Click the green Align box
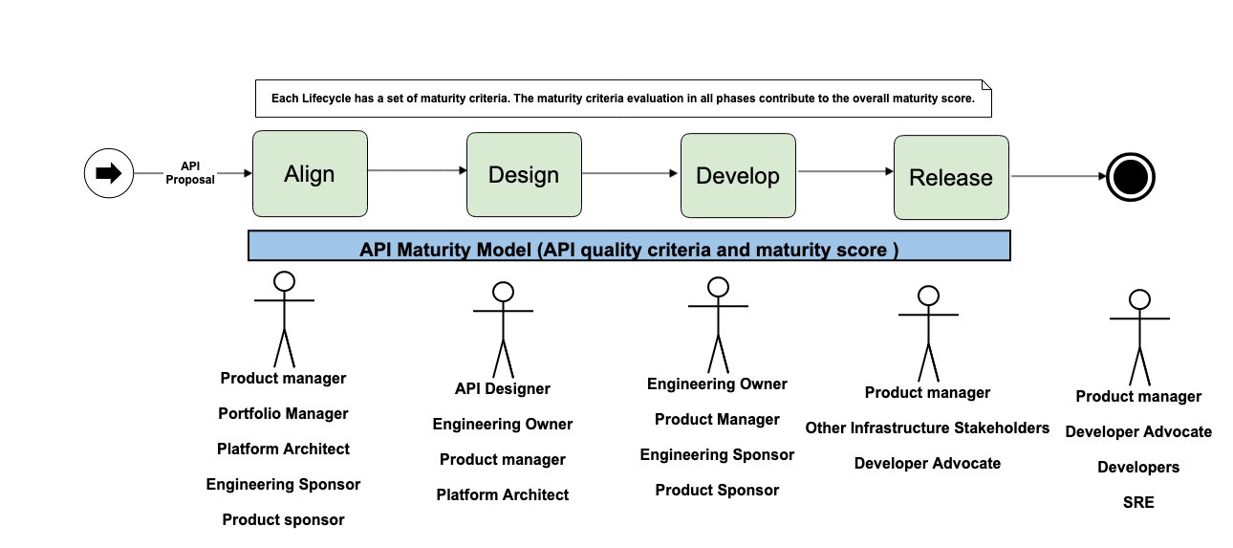[x=310, y=173]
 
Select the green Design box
[x=524, y=174]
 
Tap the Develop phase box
[x=737, y=175]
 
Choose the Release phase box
[x=950, y=177]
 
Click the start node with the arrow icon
[x=108, y=173]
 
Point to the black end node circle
[x=1131, y=177]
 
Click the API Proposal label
[x=190, y=172]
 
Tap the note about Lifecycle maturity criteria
[x=623, y=99]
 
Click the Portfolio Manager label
[x=283, y=414]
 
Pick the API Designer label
[x=503, y=388]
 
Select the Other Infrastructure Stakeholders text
[x=927, y=427]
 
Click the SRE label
[x=1138, y=502]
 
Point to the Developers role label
[x=1138, y=467]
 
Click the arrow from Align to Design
[x=417, y=170]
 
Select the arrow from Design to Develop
[x=631, y=173]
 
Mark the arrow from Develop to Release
[x=844, y=172]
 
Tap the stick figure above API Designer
[x=503, y=330]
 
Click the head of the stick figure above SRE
[x=1138, y=299]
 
